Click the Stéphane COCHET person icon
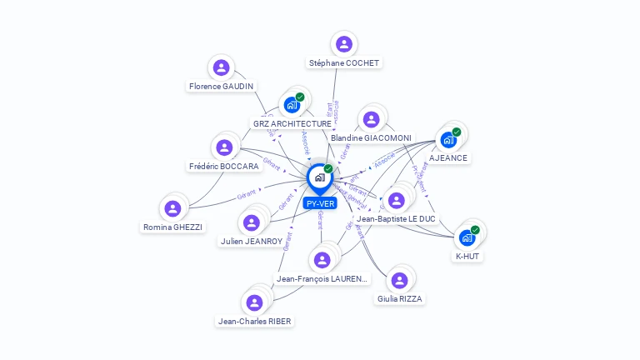click(x=343, y=44)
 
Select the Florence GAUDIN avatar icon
click(x=221, y=67)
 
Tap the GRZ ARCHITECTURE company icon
click(x=292, y=104)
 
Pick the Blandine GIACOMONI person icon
click(x=371, y=119)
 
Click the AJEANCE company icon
click(x=448, y=139)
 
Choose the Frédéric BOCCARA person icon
click(x=223, y=147)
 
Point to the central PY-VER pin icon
click(x=319, y=177)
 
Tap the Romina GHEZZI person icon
click(x=172, y=208)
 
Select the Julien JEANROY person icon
click(x=251, y=222)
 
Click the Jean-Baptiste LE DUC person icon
click(x=396, y=200)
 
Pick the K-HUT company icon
click(x=467, y=237)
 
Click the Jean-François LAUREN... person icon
click(x=322, y=260)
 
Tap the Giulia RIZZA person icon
click(x=399, y=280)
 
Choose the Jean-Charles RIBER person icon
click(x=255, y=302)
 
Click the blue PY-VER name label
click(x=320, y=203)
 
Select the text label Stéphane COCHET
click(x=343, y=63)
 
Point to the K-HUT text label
click(x=467, y=257)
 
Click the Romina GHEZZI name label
click(x=172, y=227)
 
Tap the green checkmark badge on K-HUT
click(x=475, y=229)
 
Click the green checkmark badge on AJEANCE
click(x=457, y=132)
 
